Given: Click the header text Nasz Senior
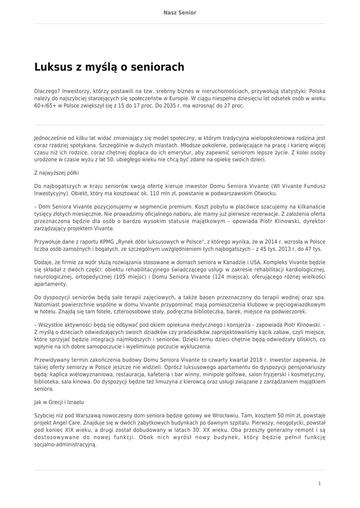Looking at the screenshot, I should click(x=180, y=12).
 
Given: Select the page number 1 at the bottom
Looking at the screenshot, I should click(x=320, y=483).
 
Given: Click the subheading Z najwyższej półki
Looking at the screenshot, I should click(x=56, y=173).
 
